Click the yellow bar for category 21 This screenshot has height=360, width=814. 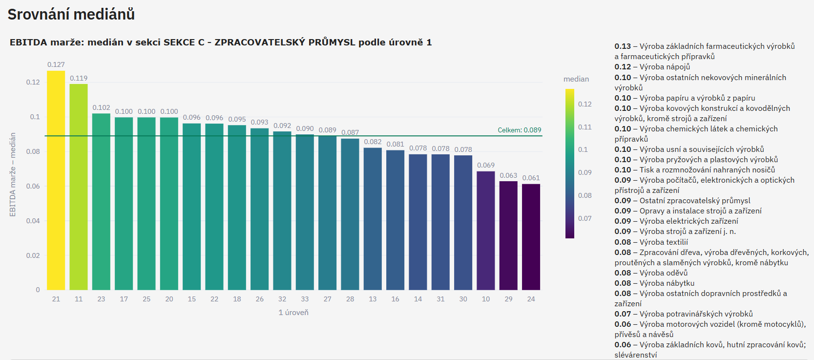pyautogui.click(x=56, y=181)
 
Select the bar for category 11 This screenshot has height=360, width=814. pyautogui.click(x=79, y=187)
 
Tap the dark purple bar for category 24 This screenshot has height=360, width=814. pyautogui.click(x=531, y=237)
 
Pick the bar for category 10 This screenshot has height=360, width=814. pyautogui.click(x=486, y=231)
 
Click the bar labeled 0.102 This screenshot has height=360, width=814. pyautogui.click(x=101, y=202)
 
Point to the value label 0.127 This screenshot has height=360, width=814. pyautogui.click(x=56, y=64)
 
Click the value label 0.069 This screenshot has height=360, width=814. pyautogui.click(x=486, y=165)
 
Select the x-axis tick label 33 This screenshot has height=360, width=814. pyautogui.click(x=305, y=299)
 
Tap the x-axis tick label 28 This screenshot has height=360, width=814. pyautogui.click(x=350, y=299)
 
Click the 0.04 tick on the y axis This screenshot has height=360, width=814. pyautogui.click(x=33, y=221)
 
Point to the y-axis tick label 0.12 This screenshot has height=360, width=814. pyautogui.click(x=33, y=82)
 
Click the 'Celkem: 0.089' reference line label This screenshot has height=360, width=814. pyautogui.click(x=519, y=130)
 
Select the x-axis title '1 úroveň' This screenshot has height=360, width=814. pyautogui.click(x=293, y=313)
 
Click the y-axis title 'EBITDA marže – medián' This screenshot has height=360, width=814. pyautogui.click(x=13, y=174)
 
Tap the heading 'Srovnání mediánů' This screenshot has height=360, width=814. pyautogui.click(x=71, y=15)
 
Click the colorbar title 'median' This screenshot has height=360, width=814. pyautogui.click(x=576, y=79)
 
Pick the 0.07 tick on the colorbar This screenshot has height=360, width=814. pyautogui.click(x=585, y=218)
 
